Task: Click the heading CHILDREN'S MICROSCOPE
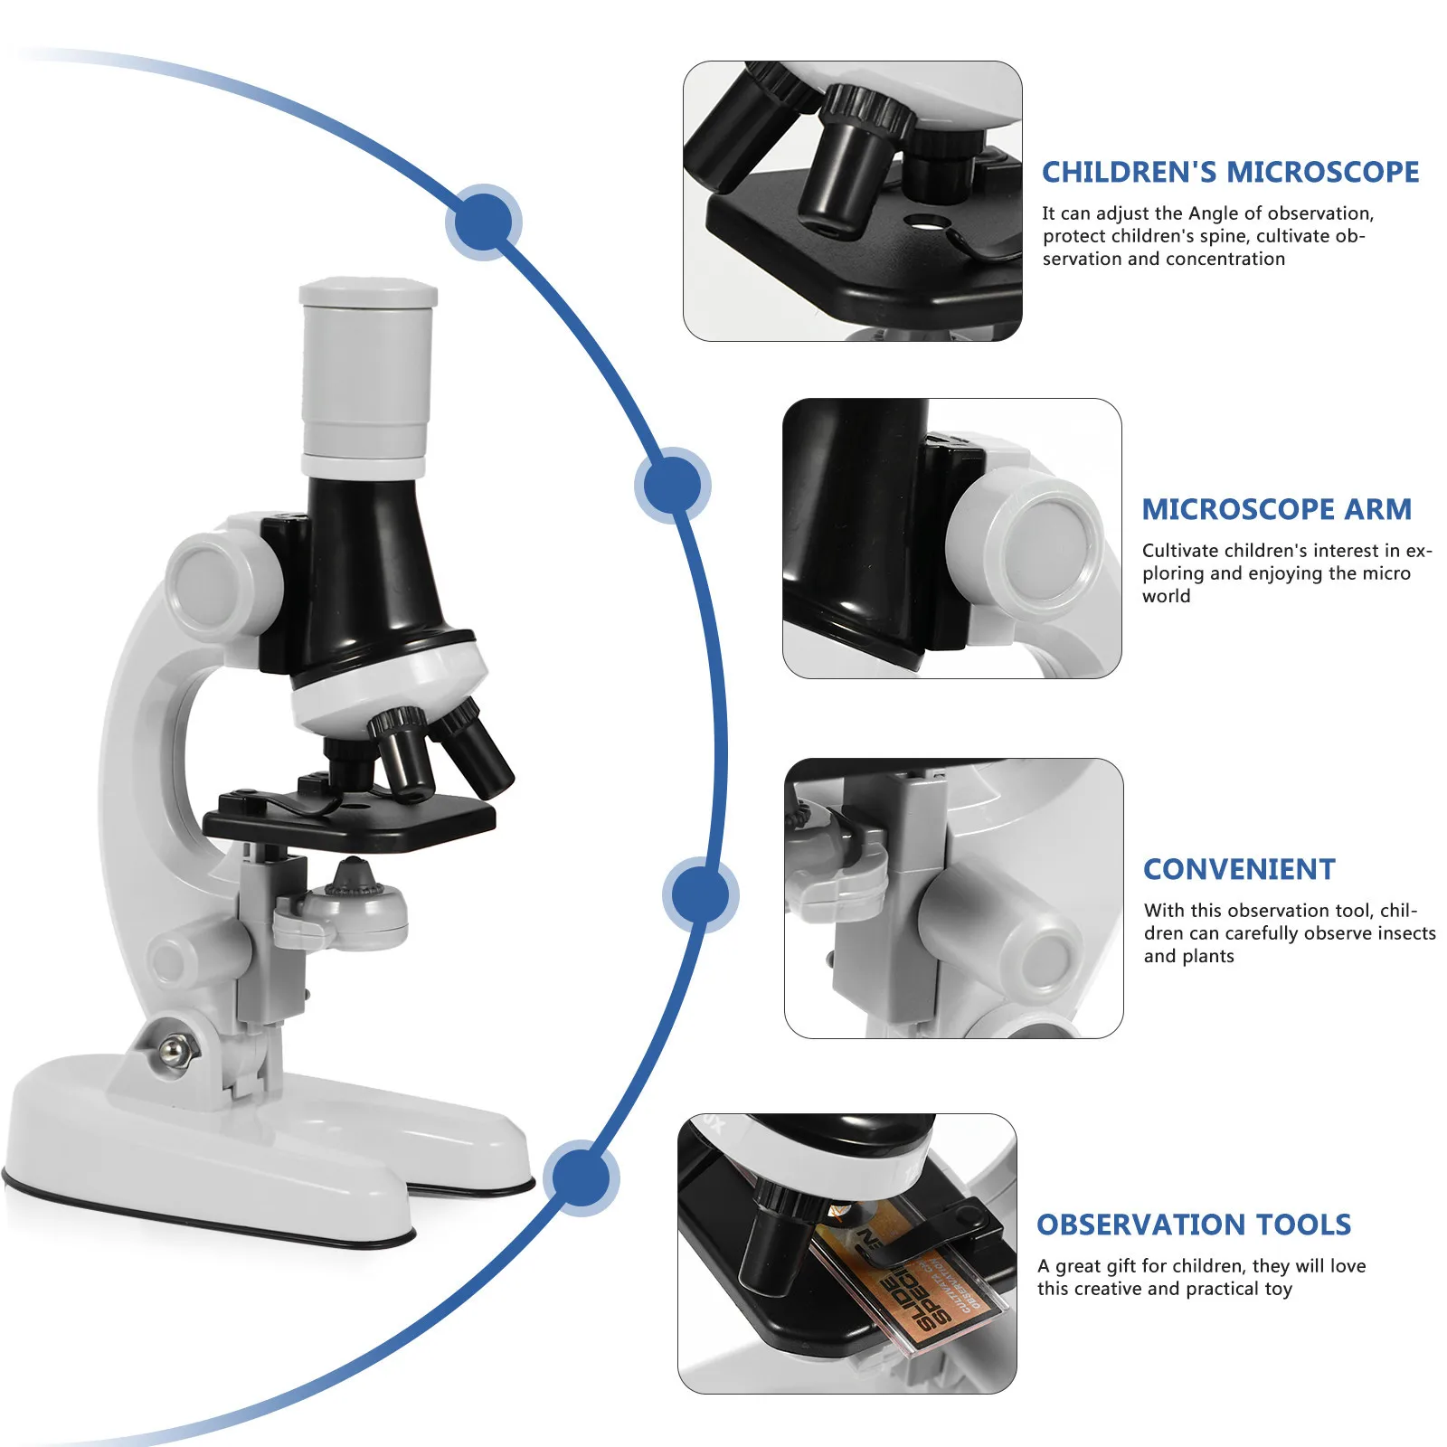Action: (x=1230, y=172)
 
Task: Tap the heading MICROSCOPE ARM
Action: (x=1276, y=509)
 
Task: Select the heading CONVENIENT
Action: (x=1239, y=869)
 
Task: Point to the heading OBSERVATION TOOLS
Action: (x=1194, y=1225)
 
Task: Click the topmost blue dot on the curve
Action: (x=484, y=222)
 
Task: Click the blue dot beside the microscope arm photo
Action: (x=672, y=485)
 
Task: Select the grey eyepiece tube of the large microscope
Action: (x=366, y=375)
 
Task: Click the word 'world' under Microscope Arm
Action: (x=1166, y=596)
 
